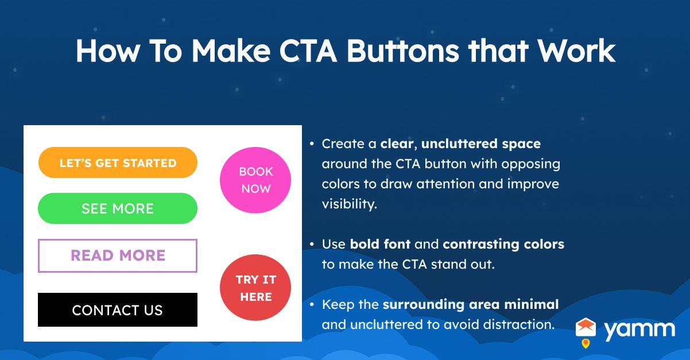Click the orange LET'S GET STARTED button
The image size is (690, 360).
click(118, 163)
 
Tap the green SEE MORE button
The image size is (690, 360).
click(118, 208)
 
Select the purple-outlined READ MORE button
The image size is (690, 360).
click(118, 256)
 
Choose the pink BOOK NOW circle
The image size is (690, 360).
click(255, 180)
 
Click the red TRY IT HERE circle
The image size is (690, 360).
click(255, 288)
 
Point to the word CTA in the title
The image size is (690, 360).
click(307, 52)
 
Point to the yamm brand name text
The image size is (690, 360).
click(639, 329)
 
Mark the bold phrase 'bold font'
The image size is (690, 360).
click(380, 244)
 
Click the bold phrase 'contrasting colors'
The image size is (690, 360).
click(503, 244)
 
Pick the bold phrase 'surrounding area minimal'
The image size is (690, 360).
click(471, 304)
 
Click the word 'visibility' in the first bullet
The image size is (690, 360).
click(348, 204)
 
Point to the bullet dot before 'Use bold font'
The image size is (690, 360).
click(312, 245)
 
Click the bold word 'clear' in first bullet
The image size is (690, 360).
click(397, 143)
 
